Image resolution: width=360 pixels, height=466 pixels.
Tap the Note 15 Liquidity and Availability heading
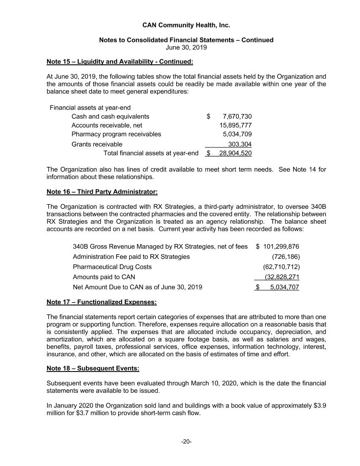pos(120,62)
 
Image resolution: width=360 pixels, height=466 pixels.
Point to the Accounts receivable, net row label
pos(107,125)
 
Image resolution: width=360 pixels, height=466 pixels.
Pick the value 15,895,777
pos(235,125)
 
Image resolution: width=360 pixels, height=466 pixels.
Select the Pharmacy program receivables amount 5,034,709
pos(237,134)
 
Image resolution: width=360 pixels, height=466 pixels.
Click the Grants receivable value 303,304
pos(240,144)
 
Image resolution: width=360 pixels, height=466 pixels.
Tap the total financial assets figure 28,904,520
pos(235,153)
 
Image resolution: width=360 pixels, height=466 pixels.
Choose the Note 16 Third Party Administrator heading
pos(102,192)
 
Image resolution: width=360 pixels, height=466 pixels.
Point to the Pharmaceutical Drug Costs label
pos(112,267)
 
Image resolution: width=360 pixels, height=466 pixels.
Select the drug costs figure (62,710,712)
pos(282,267)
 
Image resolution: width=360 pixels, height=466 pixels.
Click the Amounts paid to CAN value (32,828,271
pos(282,277)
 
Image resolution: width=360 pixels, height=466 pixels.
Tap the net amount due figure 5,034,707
pos(285,287)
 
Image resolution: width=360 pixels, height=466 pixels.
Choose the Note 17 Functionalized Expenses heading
pos(102,302)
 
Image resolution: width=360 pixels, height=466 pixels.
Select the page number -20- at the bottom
pos(186,442)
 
